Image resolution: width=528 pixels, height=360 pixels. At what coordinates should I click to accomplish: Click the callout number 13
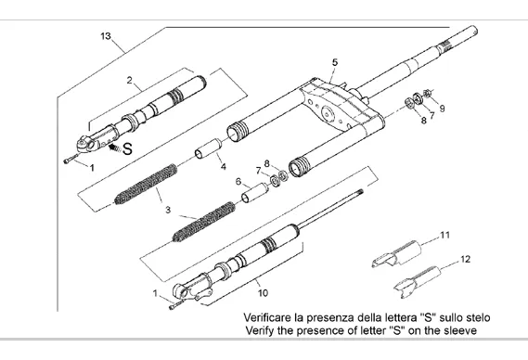point(106,36)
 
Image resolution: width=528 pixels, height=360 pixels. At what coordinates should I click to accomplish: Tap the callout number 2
point(130,80)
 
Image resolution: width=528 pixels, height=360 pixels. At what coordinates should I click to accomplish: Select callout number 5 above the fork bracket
point(334,62)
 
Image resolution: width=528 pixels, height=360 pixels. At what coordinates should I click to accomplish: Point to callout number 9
point(442,109)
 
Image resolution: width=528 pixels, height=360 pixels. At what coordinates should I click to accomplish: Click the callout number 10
point(263,293)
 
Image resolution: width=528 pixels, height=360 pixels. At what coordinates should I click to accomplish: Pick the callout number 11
point(445,235)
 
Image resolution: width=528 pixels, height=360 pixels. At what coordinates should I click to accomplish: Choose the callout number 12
point(465,259)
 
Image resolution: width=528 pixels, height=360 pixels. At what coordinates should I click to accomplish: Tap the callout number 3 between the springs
point(168,210)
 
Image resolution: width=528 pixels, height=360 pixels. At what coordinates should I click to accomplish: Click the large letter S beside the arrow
point(127,148)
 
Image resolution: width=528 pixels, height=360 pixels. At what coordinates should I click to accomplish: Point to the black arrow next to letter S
point(114,147)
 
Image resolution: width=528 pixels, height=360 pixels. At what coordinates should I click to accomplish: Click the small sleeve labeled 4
point(209,148)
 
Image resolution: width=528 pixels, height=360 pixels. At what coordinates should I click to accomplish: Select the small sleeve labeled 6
point(255,193)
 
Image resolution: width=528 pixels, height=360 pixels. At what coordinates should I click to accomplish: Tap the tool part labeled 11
point(396,254)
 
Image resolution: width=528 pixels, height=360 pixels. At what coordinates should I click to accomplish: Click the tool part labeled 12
point(418,282)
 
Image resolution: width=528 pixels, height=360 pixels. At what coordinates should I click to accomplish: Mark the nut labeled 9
point(427,94)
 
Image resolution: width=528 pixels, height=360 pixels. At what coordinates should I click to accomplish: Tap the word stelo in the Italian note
point(478,317)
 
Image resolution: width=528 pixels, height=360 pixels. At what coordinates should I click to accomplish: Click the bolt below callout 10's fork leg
point(176,304)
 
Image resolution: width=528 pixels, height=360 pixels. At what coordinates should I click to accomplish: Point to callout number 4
point(224,166)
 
